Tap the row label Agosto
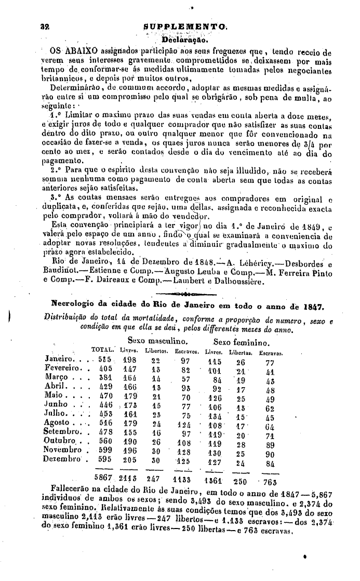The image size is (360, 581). click(61, 424)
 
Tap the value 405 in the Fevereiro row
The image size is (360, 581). click(106, 369)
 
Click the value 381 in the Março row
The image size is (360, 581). click(106, 378)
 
